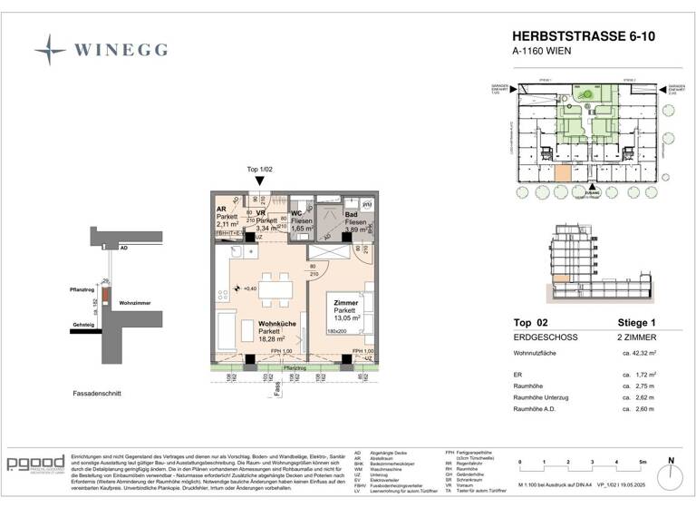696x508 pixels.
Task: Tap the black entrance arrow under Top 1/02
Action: tap(259, 182)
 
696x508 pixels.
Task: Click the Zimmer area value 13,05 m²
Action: tap(345, 318)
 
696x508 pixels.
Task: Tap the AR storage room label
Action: tap(221, 208)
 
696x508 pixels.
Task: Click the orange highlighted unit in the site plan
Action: tap(564, 175)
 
